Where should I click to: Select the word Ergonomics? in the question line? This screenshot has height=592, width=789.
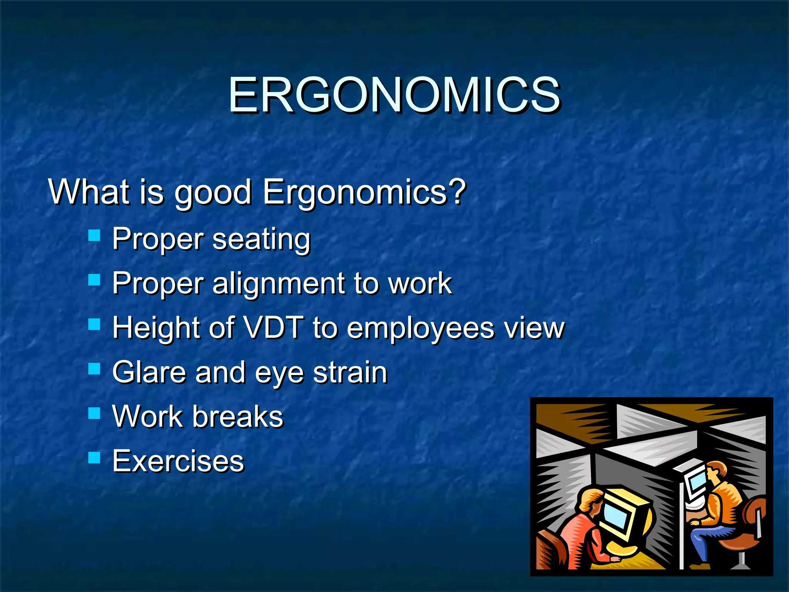[364, 193]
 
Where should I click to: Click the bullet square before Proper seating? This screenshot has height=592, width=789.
[94, 235]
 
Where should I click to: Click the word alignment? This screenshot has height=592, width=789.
[278, 284]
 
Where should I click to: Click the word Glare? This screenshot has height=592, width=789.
[149, 372]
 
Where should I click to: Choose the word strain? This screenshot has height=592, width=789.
[350, 372]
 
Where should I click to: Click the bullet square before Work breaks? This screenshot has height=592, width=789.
[94, 414]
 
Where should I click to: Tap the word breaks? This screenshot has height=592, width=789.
[238, 417]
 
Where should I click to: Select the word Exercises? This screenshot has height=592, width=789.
[178, 461]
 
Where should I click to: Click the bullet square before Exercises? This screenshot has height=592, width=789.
[94, 458]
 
